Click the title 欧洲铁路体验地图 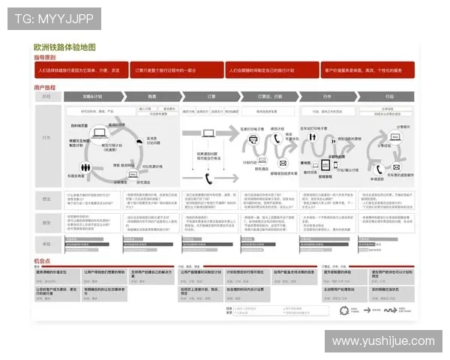64,46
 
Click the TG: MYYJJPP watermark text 53,18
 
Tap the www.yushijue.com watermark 383,341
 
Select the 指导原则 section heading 45,57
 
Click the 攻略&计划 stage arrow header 92,97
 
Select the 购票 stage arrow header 152,97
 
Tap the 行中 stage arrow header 326,97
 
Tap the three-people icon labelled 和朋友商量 79,166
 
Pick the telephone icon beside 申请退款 380,169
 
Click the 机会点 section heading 42,260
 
